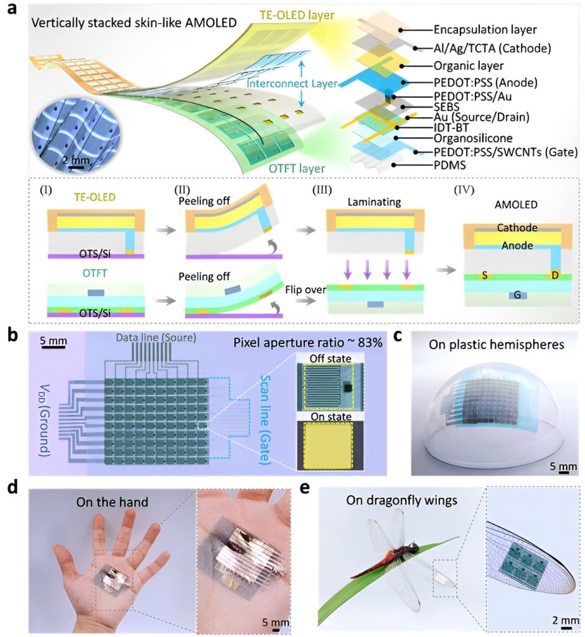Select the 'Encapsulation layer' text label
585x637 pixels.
coord(485,30)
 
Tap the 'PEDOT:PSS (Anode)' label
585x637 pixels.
coord(485,83)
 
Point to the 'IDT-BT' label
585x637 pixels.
coord(451,127)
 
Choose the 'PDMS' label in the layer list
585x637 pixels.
coord(449,165)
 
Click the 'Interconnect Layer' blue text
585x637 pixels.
coord(292,83)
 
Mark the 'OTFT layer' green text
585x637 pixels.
coord(297,168)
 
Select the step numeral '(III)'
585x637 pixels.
coord(322,190)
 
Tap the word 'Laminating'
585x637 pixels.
coord(374,202)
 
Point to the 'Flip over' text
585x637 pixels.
coord(306,290)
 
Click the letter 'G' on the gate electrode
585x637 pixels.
coord(517,295)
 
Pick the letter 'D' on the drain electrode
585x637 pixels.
coord(555,276)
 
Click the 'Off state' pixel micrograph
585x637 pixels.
coord(330,384)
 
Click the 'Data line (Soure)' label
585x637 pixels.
coord(156,338)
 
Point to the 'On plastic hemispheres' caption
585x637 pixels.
coord(497,345)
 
